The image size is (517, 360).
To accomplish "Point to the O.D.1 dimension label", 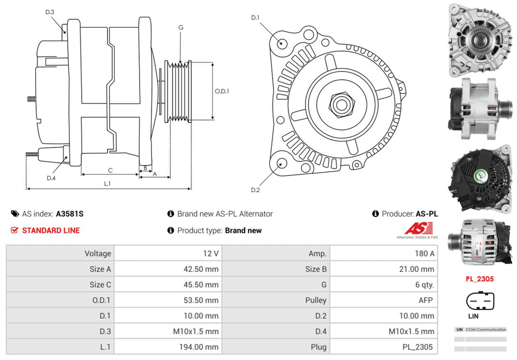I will [x=222, y=91].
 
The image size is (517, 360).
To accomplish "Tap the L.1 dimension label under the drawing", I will [x=108, y=184].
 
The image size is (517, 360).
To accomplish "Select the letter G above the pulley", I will [x=180, y=27].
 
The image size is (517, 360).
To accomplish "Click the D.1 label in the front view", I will [x=255, y=18].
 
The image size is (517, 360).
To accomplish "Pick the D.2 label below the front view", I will [x=255, y=190].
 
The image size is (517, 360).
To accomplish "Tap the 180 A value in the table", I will [x=424, y=253].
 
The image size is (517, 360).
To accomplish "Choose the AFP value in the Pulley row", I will [x=426, y=300].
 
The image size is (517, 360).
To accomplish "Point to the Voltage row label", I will [x=98, y=253].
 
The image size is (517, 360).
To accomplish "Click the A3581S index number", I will [x=70, y=214].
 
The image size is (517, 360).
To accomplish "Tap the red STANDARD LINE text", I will [x=51, y=230].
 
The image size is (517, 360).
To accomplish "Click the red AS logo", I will [x=415, y=228].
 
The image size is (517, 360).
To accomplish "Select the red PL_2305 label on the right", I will [x=479, y=279].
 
